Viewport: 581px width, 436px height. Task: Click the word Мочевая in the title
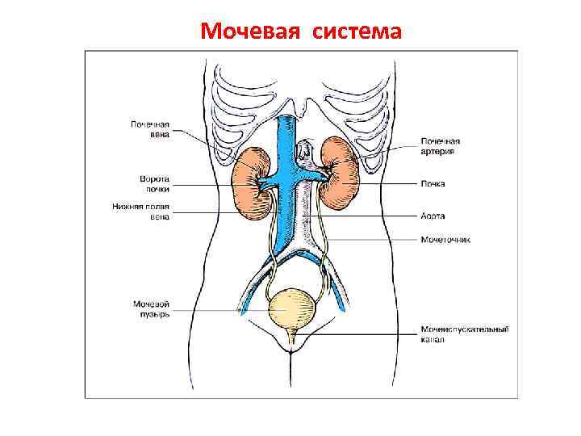pos(247,31)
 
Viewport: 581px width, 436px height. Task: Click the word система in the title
pos(349,31)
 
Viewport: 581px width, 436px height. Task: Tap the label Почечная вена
pos(150,130)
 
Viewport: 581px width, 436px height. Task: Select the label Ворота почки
pos(154,183)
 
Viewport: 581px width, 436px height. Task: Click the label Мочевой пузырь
pos(151,308)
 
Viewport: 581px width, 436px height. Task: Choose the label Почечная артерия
pos(441,146)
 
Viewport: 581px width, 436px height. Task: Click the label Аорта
pos(433,216)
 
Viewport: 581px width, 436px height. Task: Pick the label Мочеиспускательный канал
pos(463,334)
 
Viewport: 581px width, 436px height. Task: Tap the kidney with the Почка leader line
pos(341,173)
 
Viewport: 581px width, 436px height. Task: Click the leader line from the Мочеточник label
pos(371,239)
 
